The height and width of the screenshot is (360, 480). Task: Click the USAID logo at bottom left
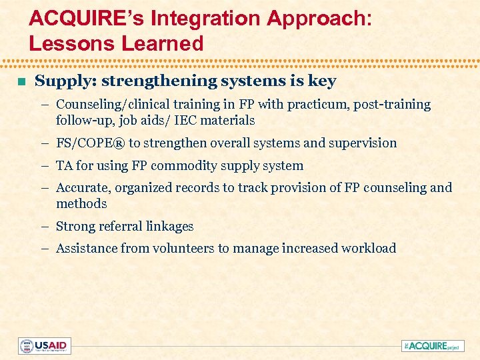(x=45, y=346)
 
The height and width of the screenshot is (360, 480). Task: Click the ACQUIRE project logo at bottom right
(x=433, y=346)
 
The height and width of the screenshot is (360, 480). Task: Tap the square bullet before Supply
(x=21, y=82)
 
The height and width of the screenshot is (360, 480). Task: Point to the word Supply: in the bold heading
(x=63, y=81)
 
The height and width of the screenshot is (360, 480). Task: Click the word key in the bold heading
(x=323, y=81)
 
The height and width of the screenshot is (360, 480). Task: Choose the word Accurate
(x=81, y=188)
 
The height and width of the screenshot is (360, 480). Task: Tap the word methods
(x=81, y=203)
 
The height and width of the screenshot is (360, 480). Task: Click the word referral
(x=125, y=227)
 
